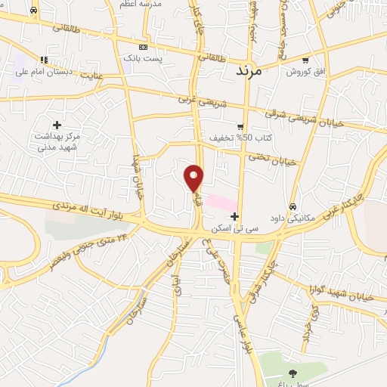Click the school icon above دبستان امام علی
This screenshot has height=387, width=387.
point(44,59)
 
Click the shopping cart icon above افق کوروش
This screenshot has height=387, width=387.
point(305,60)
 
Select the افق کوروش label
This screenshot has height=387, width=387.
point(304,72)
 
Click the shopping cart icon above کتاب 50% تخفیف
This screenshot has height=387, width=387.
point(240,126)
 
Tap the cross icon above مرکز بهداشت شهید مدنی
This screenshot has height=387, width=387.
point(57,124)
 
